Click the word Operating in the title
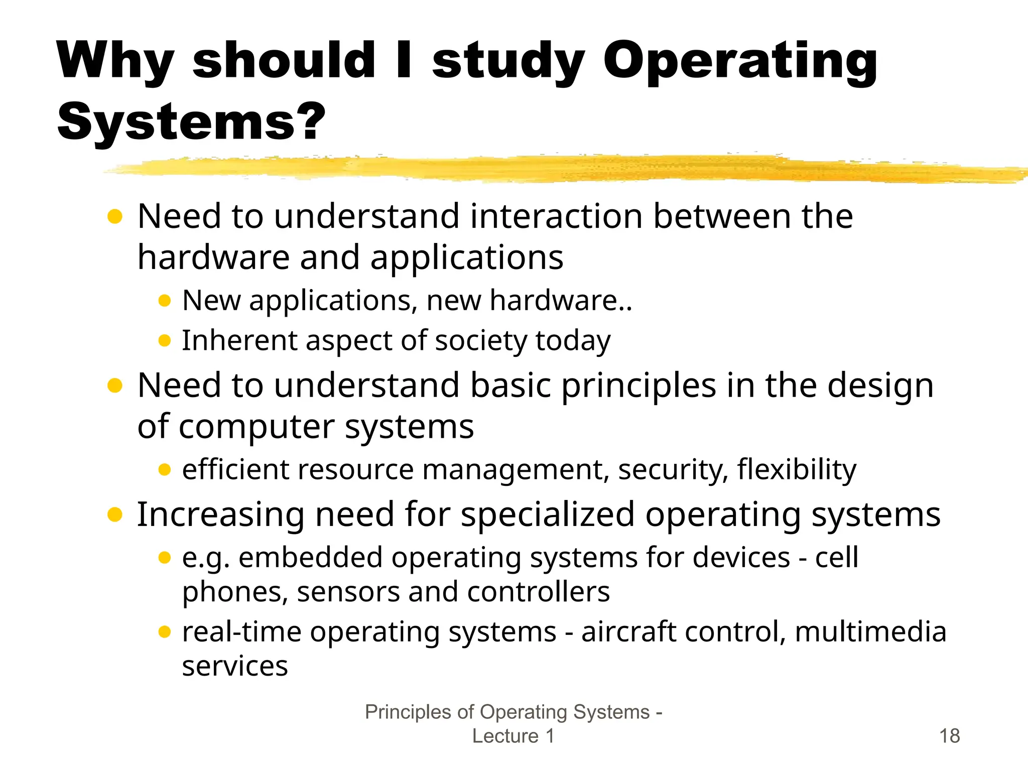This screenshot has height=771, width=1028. tap(740, 61)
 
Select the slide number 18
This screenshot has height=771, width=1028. tap(949, 736)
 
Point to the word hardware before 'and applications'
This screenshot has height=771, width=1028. tap(213, 258)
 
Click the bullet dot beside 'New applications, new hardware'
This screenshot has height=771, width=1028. tap(165, 301)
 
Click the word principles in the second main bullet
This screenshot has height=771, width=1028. tap(638, 385)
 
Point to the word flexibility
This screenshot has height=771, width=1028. tap(797, 470)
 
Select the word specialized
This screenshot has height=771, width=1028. tap(548, 515)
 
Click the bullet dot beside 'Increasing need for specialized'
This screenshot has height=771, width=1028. tap(115, 515)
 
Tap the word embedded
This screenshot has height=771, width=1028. tap(311, 558)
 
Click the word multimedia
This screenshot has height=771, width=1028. tap(870, 631)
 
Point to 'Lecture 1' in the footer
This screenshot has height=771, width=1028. tap(513, 736)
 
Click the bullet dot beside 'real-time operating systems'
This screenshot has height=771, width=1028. tap(165, 631)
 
